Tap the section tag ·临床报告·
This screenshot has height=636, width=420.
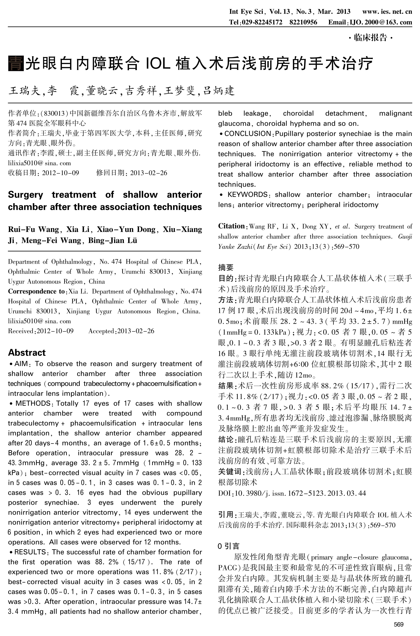[370, 38]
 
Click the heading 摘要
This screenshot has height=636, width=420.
[226, 267]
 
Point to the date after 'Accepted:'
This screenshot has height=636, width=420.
[136, 331]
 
